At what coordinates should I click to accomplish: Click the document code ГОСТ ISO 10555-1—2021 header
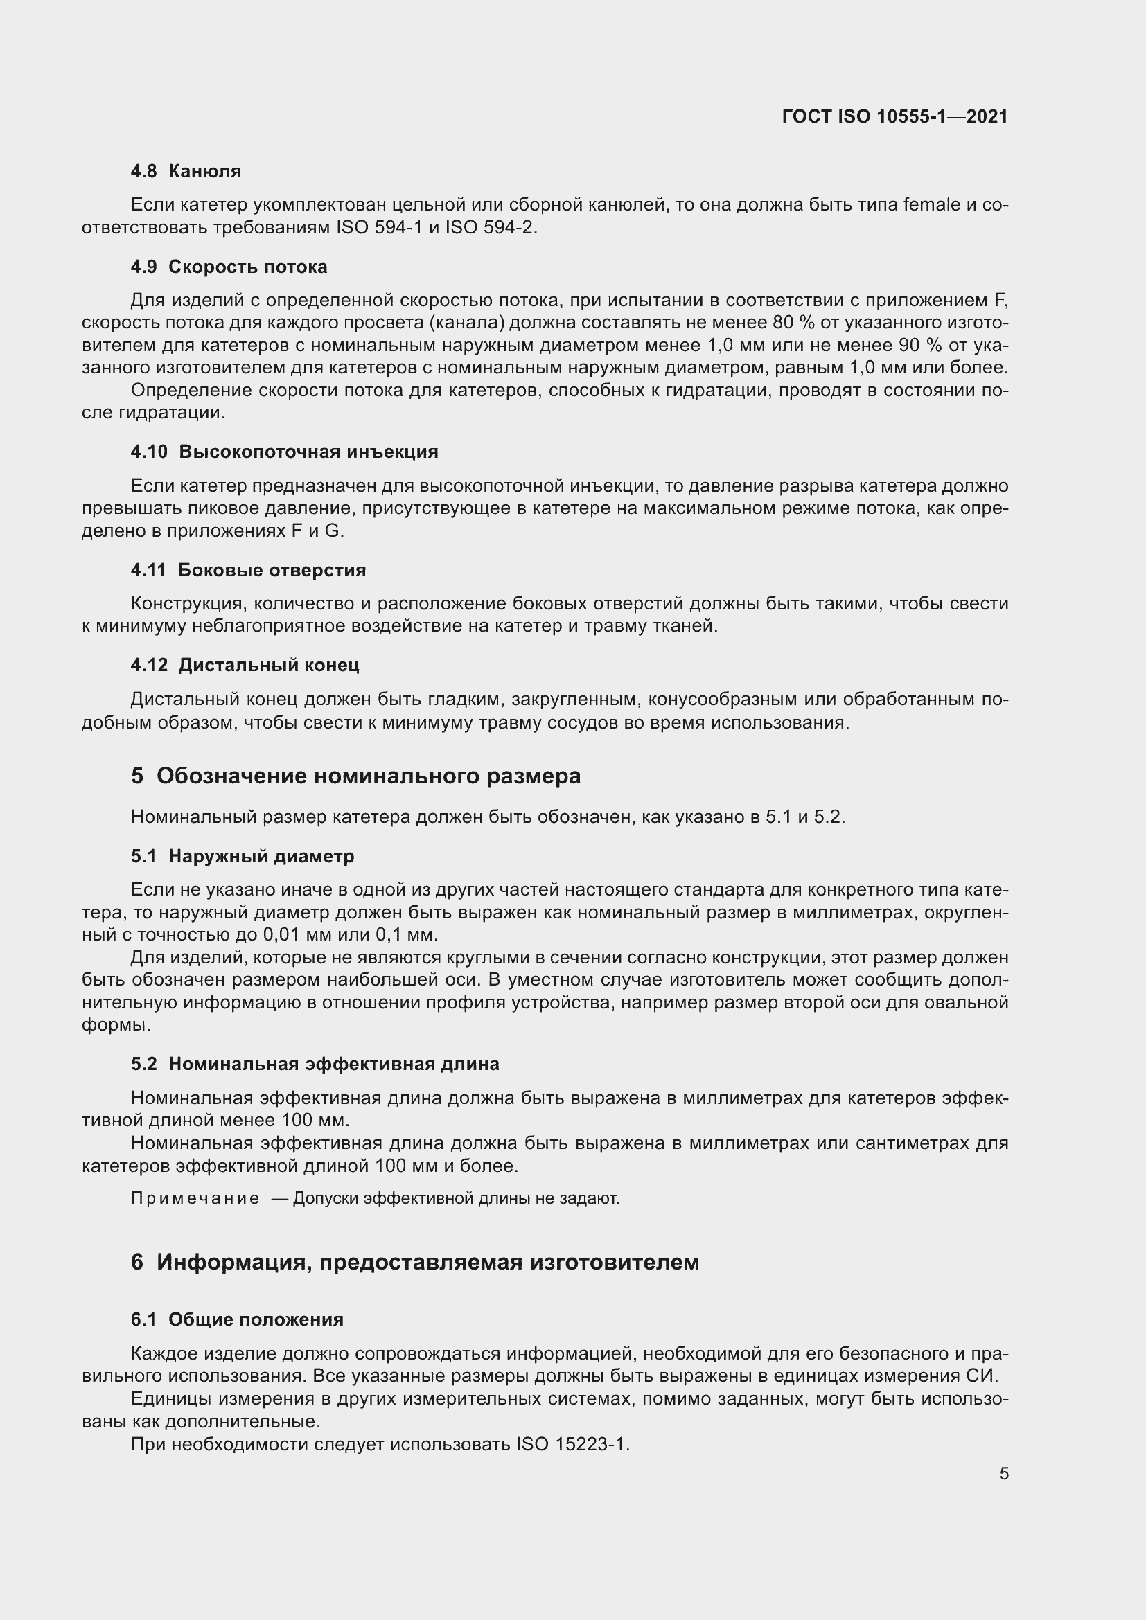[894, 116]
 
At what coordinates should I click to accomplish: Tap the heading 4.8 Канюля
[186, 171]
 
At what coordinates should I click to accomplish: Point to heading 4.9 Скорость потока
[229, 267]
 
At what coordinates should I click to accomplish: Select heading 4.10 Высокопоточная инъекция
[284, 452]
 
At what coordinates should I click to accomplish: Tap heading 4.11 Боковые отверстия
[249, 569]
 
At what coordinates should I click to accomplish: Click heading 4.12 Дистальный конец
[245, 665]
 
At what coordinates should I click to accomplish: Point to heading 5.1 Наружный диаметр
[243, 856]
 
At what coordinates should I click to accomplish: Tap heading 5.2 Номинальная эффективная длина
[315, 1063]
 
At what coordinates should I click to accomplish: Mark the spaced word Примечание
[195, 1198]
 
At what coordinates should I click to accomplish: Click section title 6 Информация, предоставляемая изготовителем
[415, 1261]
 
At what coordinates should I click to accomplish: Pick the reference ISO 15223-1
[572, 1443]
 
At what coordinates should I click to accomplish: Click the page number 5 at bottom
[1003, 1473]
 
